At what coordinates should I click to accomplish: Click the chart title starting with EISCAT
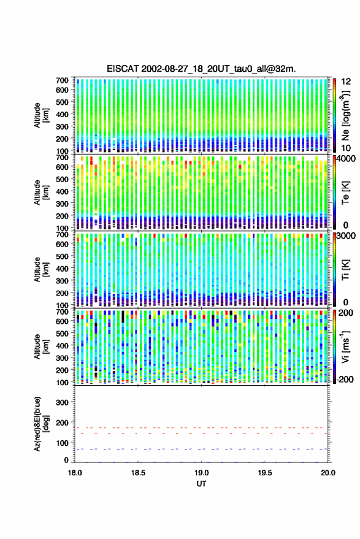tap(201, 69)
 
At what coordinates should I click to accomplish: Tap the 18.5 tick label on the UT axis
tap(138, 473)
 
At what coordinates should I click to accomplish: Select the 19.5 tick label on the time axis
tap(265, 473)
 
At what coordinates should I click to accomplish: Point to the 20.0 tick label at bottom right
tap(328, 473)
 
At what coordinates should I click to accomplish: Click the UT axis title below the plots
tap(202, 484)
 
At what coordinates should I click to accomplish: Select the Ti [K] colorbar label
tap(345, 270)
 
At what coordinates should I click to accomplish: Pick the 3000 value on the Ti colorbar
tap(347, 236)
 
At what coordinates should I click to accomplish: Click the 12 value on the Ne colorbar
tap(347, 82)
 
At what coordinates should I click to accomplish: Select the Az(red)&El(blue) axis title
tap(40, 424)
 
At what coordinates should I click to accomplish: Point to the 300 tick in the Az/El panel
tap(62, 402)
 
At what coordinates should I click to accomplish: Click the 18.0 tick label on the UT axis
tap(75, 473)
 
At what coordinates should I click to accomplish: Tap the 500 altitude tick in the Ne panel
tap(62, 102)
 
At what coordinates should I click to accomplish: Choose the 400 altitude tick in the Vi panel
tap(62, 345)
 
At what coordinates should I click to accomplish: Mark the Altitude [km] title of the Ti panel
tap(40, 270)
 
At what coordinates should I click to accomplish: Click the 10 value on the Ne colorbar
tap(347, 148)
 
